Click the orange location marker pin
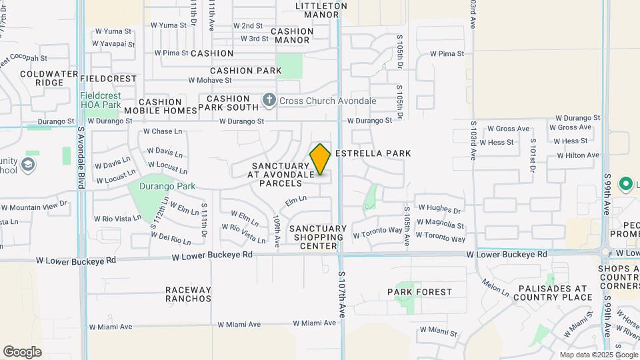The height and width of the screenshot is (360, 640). coord(320,159)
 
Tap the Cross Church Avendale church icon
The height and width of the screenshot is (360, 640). coord(269,101)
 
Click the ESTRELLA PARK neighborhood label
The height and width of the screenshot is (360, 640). coord(373,153)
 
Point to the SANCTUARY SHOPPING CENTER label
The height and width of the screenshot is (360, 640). coord(319,237)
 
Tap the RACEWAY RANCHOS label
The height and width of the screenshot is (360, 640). coord(188,294)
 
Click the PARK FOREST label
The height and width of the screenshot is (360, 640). coord(419,292)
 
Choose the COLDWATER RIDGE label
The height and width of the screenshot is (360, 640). coord(41,79)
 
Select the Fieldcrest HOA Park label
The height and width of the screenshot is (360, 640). coord(101,101)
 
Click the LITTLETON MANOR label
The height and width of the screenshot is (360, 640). coord(321,10)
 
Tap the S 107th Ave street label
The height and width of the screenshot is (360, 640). coord(341,293)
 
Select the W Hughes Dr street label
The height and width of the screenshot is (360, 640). coord(439,209)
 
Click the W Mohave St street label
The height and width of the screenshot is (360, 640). coord(210,80)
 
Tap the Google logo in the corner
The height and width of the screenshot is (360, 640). coord(22,352)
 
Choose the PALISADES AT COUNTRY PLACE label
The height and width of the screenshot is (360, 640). coord(545,293)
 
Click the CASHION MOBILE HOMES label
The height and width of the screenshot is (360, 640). coord(161,105)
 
